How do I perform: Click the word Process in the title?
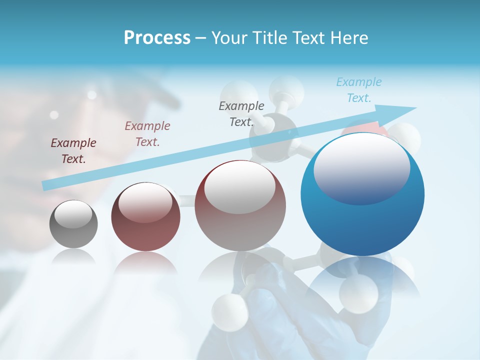pyautogui.click(x=157, y=38)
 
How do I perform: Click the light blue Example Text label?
pyautogui.click(x=359, y=90)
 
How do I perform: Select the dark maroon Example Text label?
pyautogui.click(x=73, y=151)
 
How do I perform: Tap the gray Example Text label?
pyautogui.click(x=241, y=113)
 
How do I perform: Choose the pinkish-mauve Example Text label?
pyautogui.click(x=147, y=134)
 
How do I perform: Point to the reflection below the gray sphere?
pyautogui.click(x=73, y=257)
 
